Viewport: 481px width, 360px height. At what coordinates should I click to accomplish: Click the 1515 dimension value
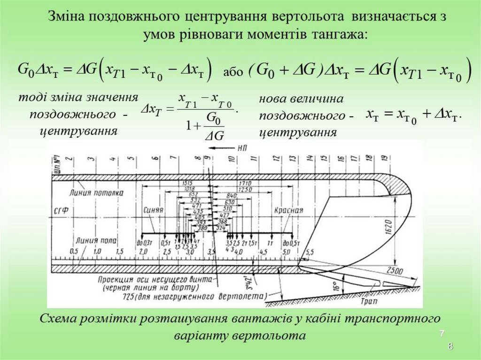click(187, 182)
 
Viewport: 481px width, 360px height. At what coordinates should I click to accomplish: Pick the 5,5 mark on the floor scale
click(310, 253)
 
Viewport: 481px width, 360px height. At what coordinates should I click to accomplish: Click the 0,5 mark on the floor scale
click(74, 252)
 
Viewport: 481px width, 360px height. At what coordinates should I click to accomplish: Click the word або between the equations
click(233, 72)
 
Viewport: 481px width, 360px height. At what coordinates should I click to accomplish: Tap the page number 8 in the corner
click(450, 347)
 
